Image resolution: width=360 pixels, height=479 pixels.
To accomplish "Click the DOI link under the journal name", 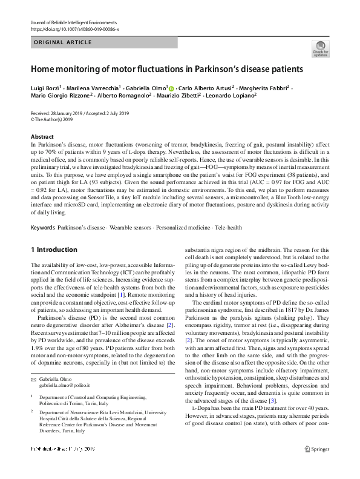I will (x=74, y=28).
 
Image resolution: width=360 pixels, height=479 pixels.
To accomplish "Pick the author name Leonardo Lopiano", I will (x=232, y=95).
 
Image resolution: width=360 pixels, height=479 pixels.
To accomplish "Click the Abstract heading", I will (x=42, y=137).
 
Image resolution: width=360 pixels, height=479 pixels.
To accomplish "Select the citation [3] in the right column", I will (x=273, y=384).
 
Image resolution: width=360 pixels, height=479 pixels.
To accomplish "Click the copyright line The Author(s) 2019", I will (x=54, y=119).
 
